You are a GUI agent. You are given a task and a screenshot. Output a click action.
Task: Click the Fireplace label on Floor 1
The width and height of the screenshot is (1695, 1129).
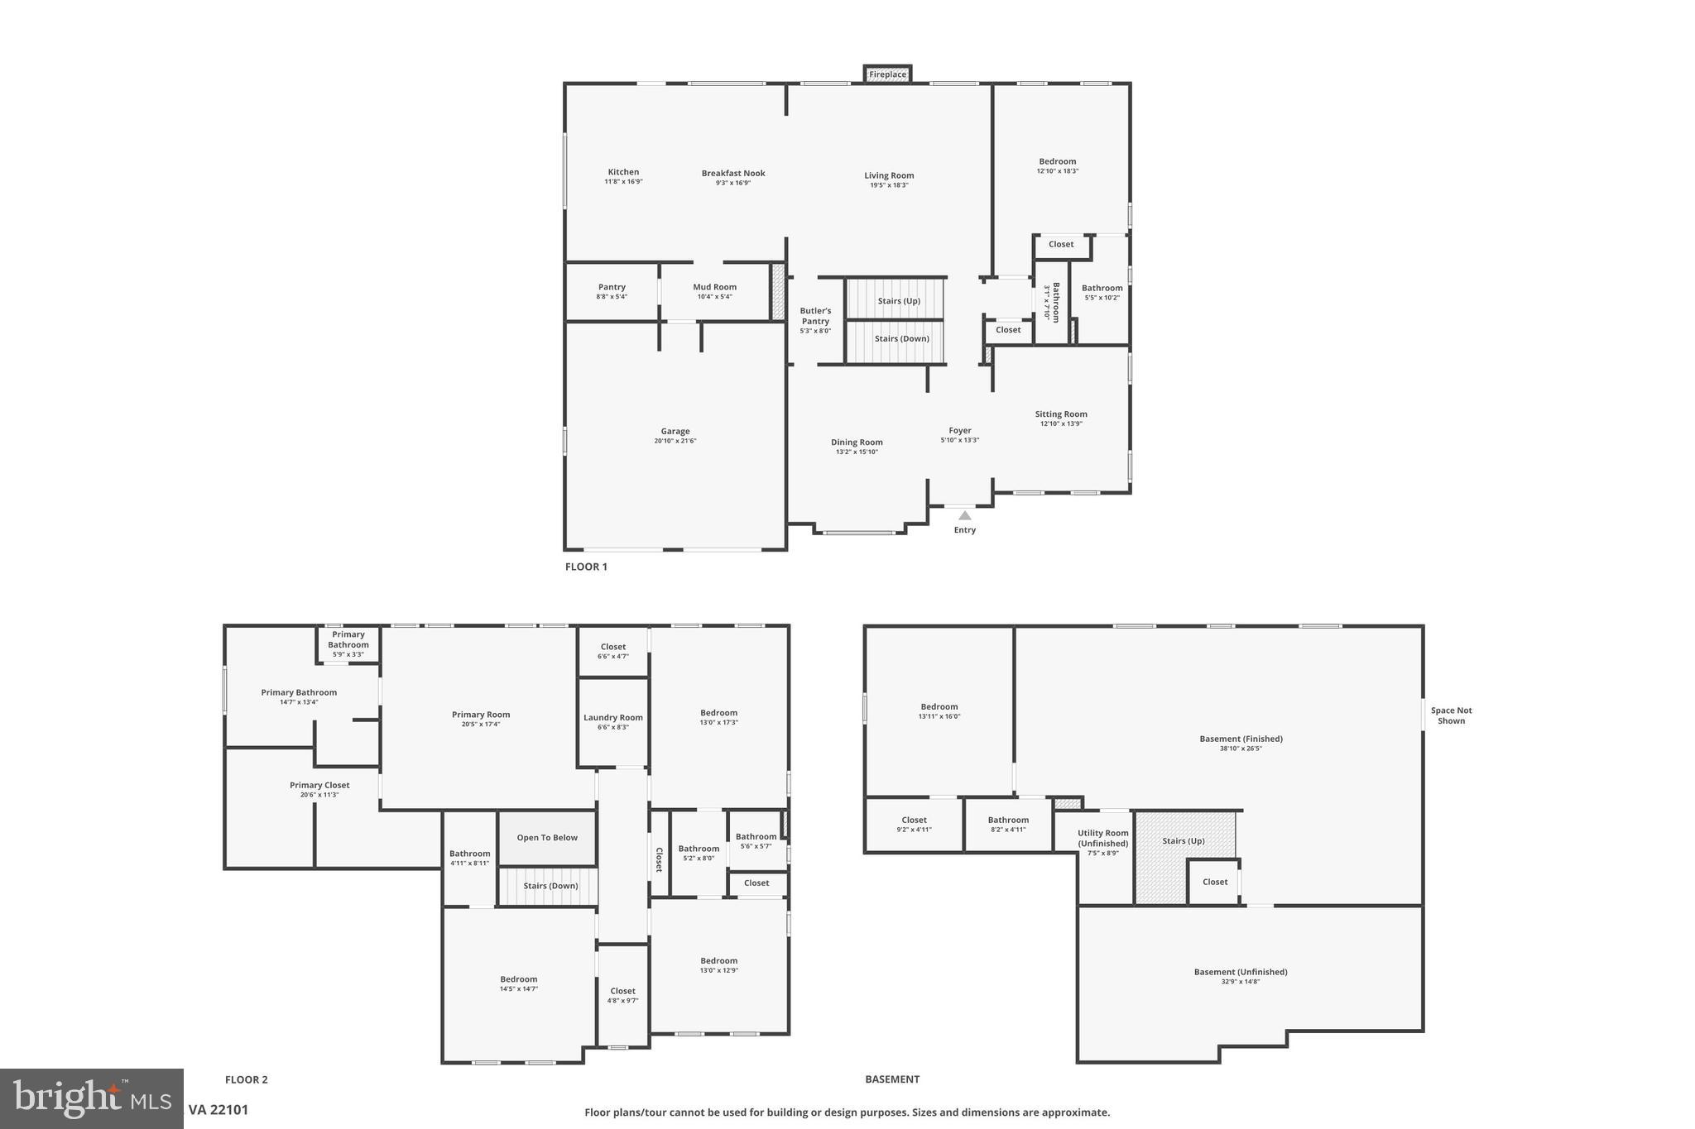[887, 74]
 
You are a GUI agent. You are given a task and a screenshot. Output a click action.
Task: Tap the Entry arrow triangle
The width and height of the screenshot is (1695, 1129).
[964, 515]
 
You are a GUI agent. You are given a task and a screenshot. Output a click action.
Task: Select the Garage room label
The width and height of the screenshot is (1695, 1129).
[675, 431]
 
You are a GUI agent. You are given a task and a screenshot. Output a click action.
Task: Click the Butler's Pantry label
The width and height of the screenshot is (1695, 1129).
[815, 316]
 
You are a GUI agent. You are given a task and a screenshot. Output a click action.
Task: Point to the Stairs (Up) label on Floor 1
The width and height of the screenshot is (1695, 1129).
[898, 301]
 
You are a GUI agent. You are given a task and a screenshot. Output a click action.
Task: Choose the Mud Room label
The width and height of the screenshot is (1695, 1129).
[714, 287]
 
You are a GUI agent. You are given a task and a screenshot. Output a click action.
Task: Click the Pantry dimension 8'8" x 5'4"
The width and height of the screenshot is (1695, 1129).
[612, 296]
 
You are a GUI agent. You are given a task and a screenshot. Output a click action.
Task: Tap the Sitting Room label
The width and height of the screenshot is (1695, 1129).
[1060, 414]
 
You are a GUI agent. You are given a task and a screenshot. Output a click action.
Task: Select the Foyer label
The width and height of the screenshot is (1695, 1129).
[959, 430]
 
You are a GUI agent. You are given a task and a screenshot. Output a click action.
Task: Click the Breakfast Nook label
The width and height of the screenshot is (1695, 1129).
[732, 173]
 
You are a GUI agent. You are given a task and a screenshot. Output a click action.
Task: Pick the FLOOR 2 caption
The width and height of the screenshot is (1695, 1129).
[246, 1079]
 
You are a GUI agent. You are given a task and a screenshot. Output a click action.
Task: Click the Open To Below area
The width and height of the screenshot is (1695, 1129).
[547, 838]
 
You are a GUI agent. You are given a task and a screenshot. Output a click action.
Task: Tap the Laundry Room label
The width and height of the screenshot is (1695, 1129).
[612, 718]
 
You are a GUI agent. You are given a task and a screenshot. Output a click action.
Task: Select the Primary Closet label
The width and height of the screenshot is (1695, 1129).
[319, 785]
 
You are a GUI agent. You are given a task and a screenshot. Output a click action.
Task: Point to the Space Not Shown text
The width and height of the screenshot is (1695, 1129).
[1451, 715]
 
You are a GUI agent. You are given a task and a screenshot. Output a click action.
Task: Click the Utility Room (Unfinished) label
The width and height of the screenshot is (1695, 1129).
[1102, 838]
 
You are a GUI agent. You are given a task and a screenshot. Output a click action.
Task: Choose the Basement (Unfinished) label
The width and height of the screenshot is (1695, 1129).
[1240, 972]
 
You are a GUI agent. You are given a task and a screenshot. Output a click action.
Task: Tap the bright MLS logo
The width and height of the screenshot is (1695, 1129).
[91, 1098]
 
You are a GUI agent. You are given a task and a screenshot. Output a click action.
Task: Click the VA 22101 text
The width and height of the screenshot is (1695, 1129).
[218, 1110]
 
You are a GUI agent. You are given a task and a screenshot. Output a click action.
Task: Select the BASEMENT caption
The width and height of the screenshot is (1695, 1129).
[892, 1079]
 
